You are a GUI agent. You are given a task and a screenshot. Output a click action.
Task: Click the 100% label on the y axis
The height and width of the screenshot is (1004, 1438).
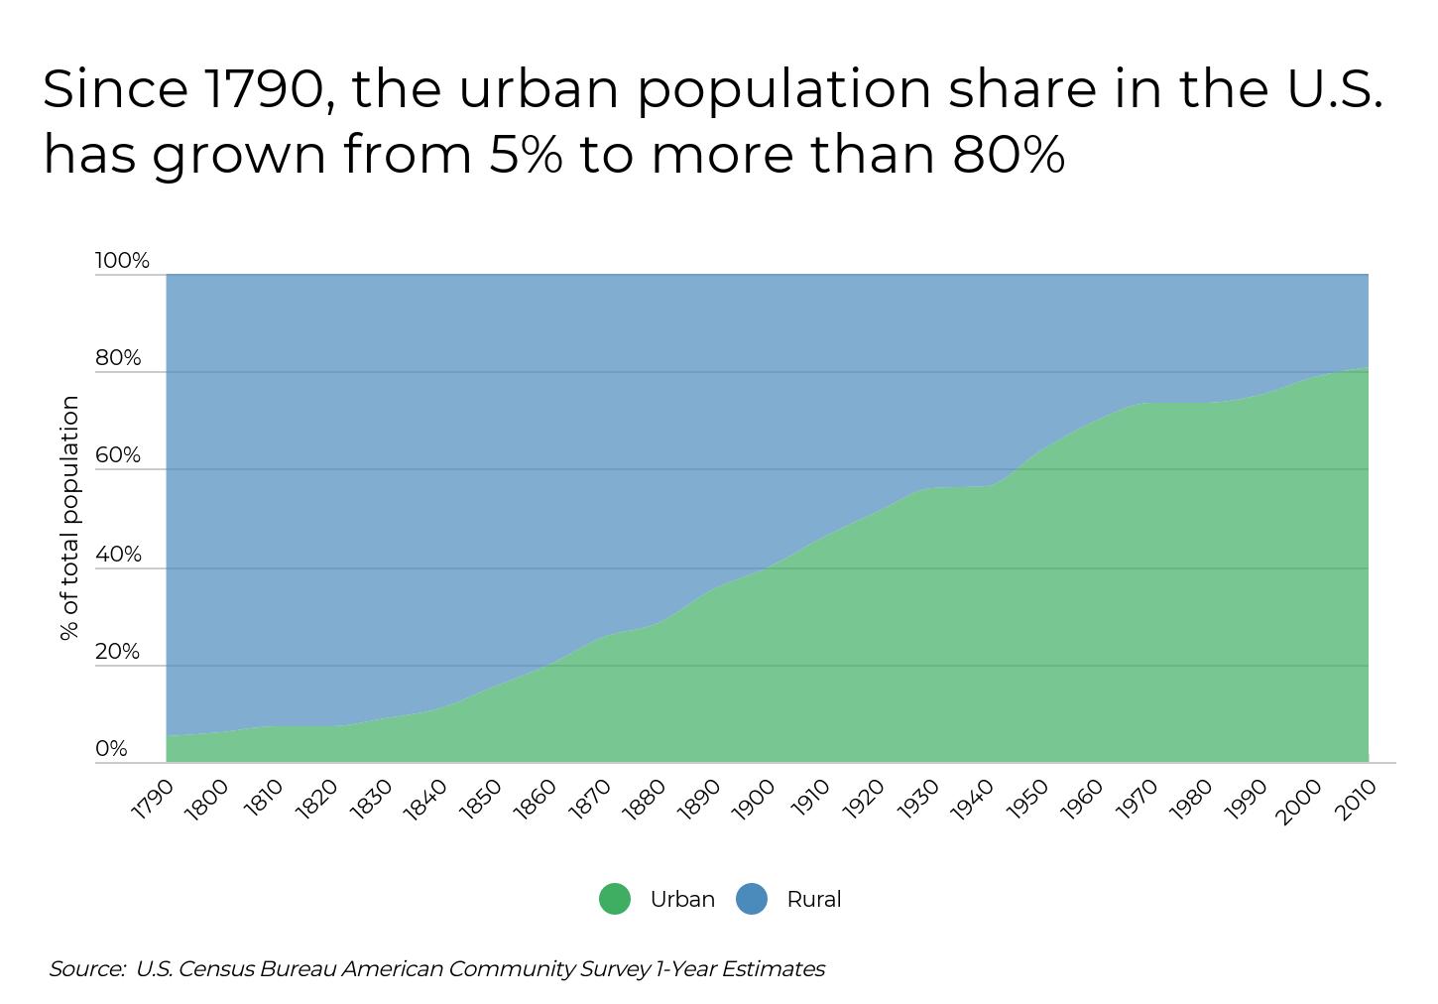click(122, 261)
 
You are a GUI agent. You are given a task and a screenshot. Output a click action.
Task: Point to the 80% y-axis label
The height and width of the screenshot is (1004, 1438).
click(118, 358)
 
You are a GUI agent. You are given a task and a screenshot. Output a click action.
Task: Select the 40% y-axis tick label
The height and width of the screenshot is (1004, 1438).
click(118, 555)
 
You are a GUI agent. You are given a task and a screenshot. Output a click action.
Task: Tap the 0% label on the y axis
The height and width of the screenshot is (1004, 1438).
click(111, 749)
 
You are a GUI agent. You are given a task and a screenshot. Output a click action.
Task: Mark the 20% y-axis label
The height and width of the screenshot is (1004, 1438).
click(117, 652)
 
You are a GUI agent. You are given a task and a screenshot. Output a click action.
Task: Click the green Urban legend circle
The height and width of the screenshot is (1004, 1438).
click(615, 899)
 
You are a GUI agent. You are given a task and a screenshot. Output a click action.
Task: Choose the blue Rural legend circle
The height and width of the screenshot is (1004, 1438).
click(752, 899)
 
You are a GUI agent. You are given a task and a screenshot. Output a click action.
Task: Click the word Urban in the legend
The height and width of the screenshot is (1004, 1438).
click(682, 899)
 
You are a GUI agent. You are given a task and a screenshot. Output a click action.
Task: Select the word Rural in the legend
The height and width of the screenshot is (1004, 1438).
click(813, 899)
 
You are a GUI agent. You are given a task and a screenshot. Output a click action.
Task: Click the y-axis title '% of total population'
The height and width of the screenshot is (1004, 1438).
click(69, 517)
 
